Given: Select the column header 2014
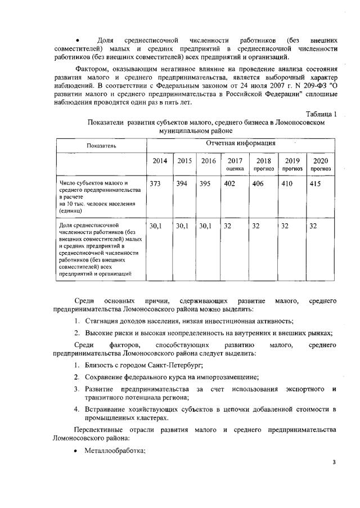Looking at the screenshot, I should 160,161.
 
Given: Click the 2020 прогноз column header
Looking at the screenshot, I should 320,164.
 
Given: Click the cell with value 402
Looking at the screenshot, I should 229,183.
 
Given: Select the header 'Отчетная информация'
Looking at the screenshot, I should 241,144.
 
